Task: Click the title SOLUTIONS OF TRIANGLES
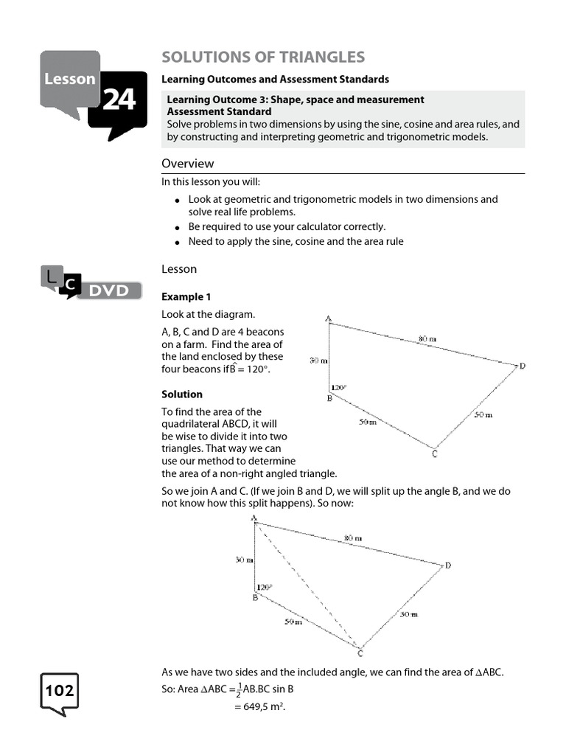263,57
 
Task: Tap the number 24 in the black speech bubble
119,100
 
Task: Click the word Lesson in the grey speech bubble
69,78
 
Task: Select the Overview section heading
188,163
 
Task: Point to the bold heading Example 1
186,296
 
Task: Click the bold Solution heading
182,394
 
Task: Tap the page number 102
60,692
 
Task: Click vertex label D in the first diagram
522,366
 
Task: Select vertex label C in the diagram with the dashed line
360,653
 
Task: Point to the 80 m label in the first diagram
427,339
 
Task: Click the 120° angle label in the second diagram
264,588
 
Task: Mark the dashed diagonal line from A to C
306,582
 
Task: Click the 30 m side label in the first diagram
318,361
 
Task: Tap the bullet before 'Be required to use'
178,228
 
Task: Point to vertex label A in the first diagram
328,319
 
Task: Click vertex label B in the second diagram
255,598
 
